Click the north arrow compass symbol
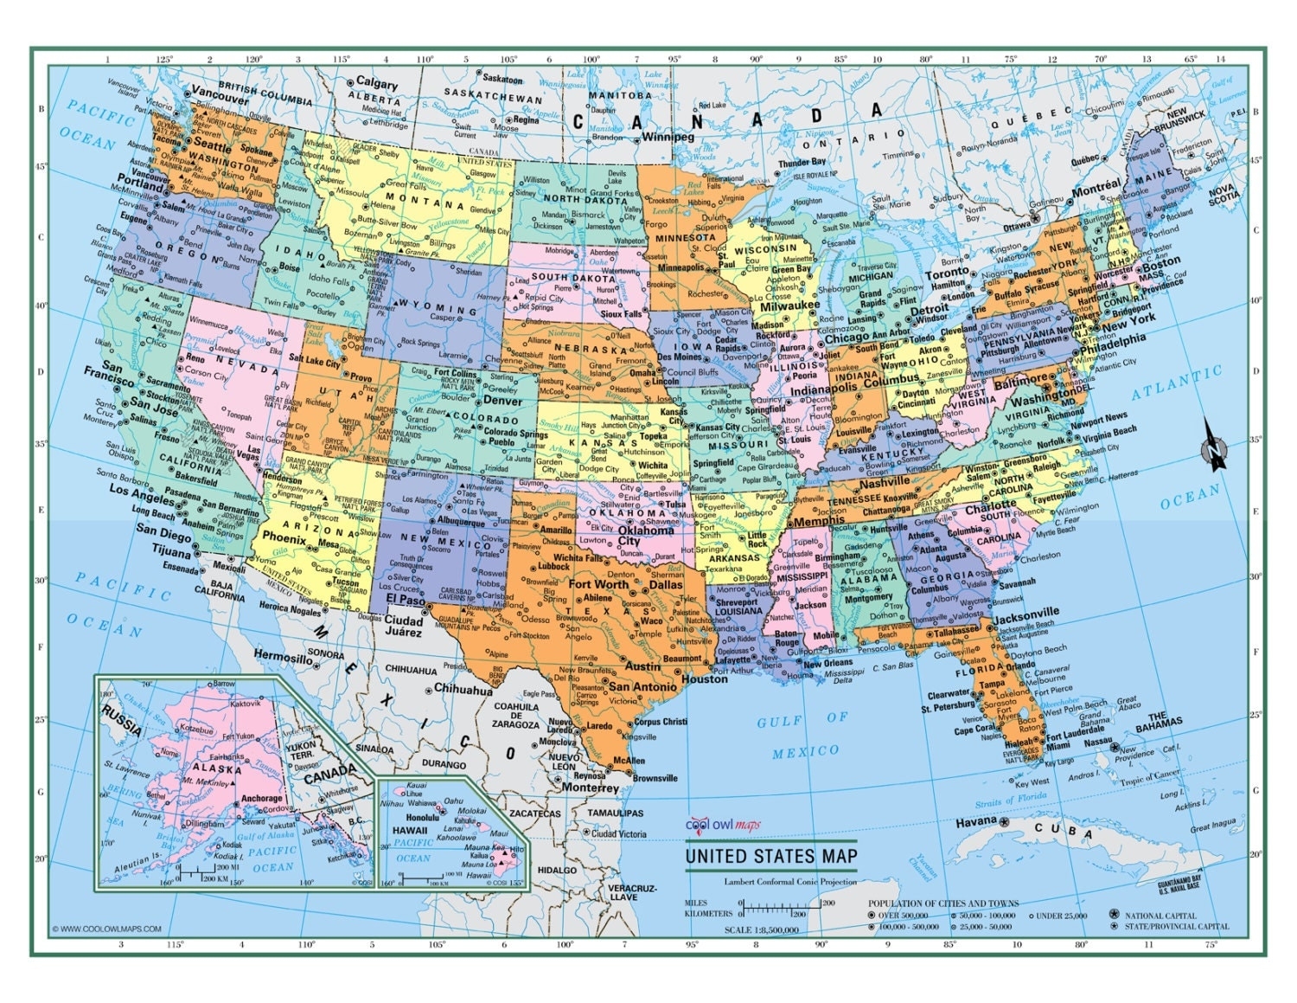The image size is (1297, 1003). click(x=1215, y=444)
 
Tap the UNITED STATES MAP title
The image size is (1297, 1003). click(x=771, y=856)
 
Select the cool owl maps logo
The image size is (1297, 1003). click(x=723, y=825)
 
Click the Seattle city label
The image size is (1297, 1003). click(x=212, y=145)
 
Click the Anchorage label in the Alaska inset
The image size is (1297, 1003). click(x=261, y=798)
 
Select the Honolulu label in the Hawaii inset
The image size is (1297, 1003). click(x=423, y=817)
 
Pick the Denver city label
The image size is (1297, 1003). click(x=502, y=401)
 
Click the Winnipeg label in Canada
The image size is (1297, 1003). click(x=668, y=137)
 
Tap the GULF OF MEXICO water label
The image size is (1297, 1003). click(x=804, y=735)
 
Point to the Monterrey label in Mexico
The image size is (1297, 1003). click(x=590, y=788)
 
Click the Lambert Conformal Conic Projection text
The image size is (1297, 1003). click(x=791, y=882)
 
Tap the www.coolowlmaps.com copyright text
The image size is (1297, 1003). click(x=106, y=929)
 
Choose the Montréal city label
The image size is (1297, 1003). click(x=1096, y=188)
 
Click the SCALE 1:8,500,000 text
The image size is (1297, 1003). click(x=761, y=929)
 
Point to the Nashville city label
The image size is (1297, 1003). click(x=884, y=481)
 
